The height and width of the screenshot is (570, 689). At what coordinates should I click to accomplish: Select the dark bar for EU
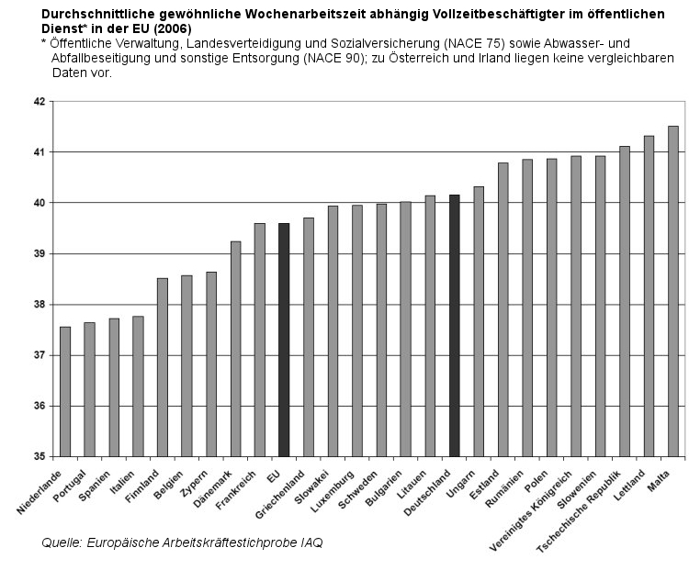pyautogui.click(x=284, y=340)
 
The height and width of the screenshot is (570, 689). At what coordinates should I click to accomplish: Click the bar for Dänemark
pyautogui.click(x=235, y=349)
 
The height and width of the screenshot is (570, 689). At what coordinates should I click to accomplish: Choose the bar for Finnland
pyautogui.click(x=163, y=367)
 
